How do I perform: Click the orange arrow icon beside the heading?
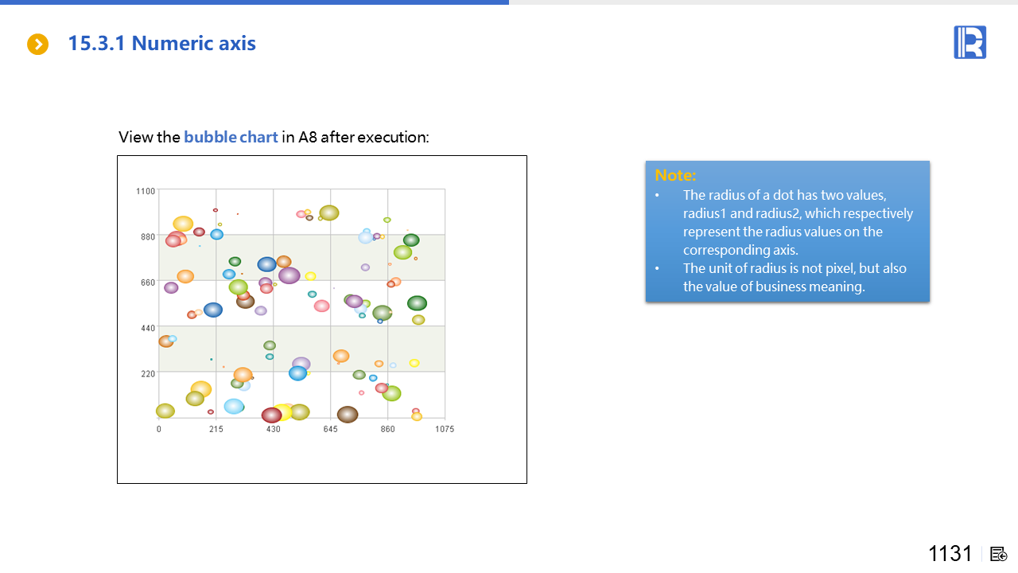click(x=37, y=44)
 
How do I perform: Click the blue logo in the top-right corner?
click(x=969, y=42)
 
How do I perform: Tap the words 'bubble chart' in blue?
click(x=231, y=137)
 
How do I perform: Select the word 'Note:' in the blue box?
click(x=675, y=175)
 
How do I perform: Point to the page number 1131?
click(x=950, y=553)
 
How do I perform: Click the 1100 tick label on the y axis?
click(x=146, y=191)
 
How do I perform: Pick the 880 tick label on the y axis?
click(x=148, y=236)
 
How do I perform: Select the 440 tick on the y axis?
click(x=148, y=328)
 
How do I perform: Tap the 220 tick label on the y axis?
click(x=148, y=374)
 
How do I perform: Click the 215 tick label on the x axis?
click(x=216, y=429)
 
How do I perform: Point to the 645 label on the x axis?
click(x=330, y=429)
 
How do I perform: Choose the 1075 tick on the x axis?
click(x=445, y=429)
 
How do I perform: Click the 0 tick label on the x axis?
click(x=158, y=429)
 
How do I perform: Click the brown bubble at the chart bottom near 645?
click(x=348, y=415)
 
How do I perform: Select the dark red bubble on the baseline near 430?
click(x=271, y=415)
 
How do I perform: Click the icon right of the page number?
click(x=998, y=554)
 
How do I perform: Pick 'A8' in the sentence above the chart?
click(x=307, y=137)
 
